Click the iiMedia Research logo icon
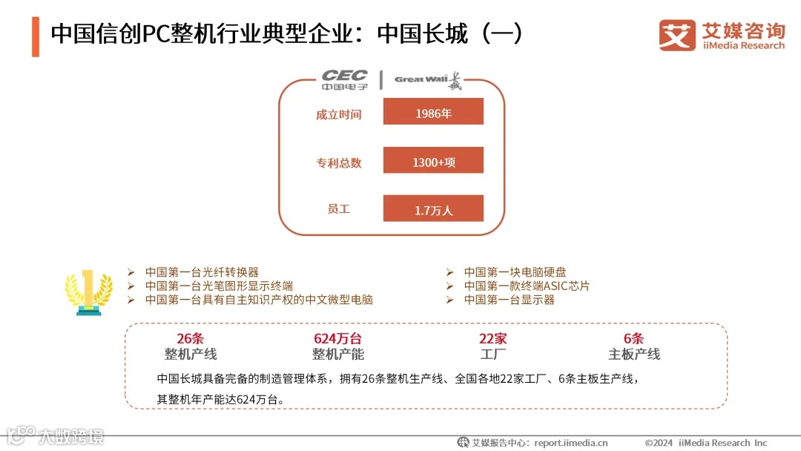click(677, 35)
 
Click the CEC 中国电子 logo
click(344, 80)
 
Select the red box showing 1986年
click(433, 113)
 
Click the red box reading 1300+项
click(433, 161)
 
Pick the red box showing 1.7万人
click(433, 209)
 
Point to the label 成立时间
click(338, 114)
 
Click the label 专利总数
click(338, 162)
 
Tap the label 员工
click(338, 209)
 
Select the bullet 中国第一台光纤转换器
click(202, 272)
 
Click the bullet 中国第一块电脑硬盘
click(515, 272)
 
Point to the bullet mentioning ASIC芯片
click(527, 286)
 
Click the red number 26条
click(190, 339)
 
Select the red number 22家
click(492, 339)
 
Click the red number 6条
click(633, 339)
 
